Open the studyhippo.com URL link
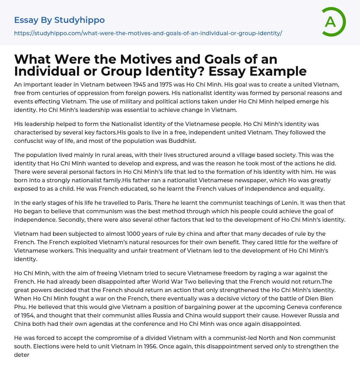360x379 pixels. (148, 33)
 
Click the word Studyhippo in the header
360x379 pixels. (79, 20)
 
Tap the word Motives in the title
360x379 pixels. (126, 59)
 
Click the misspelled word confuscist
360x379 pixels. (31, 141)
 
